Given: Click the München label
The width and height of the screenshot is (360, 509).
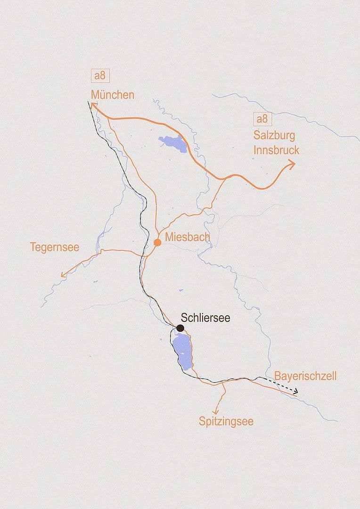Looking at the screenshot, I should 113,95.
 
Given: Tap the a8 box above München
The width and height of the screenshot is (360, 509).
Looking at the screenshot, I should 99,76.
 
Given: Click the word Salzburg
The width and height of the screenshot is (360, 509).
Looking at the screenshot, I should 274,136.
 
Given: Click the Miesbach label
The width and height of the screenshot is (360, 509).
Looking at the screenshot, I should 187,237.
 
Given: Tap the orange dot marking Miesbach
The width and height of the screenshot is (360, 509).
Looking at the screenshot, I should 157,242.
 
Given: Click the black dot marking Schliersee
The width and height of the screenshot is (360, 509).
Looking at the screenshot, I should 180,328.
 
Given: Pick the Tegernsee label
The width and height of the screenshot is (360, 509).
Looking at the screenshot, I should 54,247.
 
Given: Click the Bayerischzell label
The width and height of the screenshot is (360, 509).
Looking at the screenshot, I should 305,376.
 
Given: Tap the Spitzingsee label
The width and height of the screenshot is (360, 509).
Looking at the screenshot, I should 226,421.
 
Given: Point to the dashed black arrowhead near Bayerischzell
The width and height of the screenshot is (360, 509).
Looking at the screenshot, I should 295,391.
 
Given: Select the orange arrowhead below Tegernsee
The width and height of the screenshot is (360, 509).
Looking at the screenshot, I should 64,275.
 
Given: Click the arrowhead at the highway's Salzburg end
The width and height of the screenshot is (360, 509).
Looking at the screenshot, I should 292,164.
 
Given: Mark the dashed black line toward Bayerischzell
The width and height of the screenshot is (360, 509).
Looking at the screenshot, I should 278,385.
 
